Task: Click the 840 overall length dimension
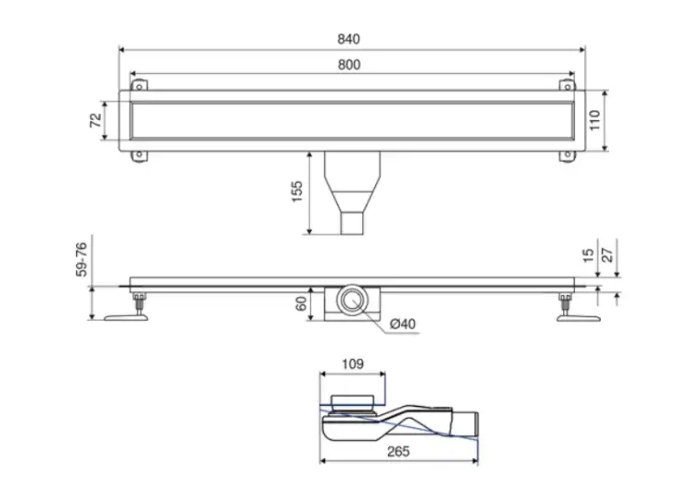point(349,39)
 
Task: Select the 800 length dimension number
point(349,65)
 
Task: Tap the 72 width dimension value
point(95,120)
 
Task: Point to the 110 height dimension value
point(594,120)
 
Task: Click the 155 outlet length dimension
point(297,191)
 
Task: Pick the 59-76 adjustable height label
point(82,259)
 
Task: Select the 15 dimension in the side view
point(589,256)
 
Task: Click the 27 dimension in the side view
point(607,256)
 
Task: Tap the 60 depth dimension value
point(301,303)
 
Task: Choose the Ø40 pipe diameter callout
point(403,323)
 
